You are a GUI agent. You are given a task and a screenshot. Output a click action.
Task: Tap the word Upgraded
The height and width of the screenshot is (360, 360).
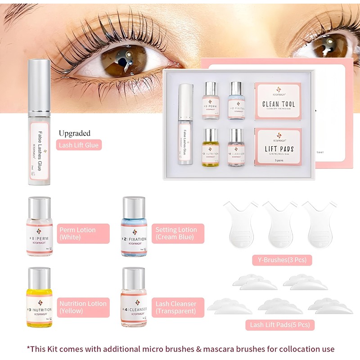74,133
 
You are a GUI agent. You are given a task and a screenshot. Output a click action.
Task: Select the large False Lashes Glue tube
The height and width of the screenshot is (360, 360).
39,135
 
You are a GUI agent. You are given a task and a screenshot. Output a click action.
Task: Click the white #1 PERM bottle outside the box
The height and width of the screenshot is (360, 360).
39,227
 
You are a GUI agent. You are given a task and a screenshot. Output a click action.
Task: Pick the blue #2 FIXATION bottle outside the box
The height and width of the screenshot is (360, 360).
134,227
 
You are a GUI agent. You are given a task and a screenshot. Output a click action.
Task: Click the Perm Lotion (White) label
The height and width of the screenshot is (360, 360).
83,234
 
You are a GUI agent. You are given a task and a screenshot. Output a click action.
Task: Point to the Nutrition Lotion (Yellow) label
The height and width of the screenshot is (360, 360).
83,307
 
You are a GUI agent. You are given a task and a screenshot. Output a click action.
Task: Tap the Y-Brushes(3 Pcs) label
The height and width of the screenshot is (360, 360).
282,260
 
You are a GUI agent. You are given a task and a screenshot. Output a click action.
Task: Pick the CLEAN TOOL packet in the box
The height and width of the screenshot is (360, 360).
278,101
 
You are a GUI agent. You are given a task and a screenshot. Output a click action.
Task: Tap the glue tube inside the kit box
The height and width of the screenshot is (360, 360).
185,124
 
